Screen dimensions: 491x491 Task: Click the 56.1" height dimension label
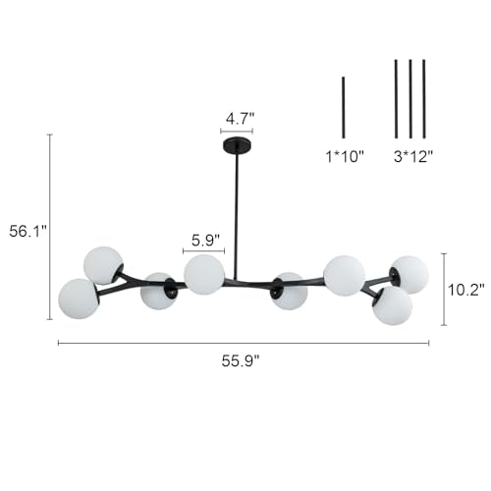(x=28, y=232)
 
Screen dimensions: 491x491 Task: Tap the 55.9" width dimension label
(x=241, y=361)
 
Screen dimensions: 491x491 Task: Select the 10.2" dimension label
(x=465, y=290)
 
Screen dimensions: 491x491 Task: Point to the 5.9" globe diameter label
(x=205, y=241)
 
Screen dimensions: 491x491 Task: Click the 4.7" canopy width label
(x=240, y=119)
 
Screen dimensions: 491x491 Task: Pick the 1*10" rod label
(x=345, y=156)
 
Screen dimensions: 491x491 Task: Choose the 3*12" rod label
(x=413, y=156)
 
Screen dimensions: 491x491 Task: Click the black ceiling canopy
(x=237, y=144)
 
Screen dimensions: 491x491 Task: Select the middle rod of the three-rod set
(x=410, y=99)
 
